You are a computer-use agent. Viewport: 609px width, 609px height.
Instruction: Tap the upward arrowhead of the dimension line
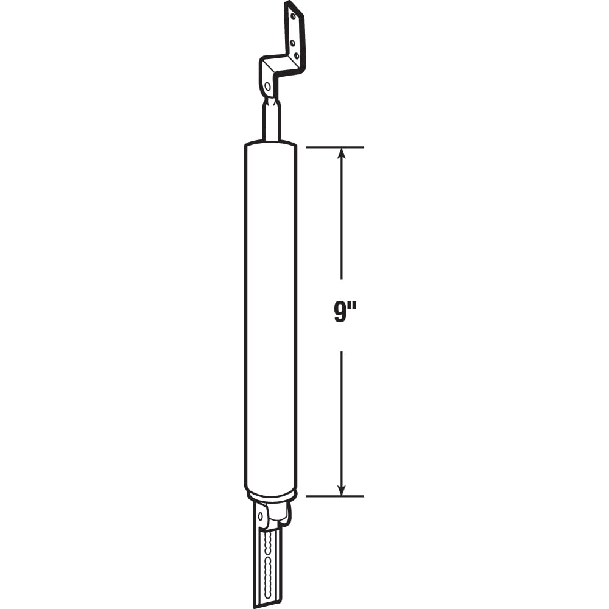click(342, 153)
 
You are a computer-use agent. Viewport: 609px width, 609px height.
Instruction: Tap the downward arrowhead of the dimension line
click(342, 490)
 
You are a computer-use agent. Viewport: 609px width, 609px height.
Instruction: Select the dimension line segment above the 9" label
click(342, 219)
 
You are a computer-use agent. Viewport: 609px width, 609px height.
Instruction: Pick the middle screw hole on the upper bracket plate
click(294, 43)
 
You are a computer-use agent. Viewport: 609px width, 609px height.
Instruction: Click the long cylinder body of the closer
click(270, 317)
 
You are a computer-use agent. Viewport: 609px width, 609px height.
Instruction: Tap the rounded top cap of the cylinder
click(270, 146)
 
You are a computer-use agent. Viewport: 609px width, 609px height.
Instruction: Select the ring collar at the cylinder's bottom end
click(270, 495)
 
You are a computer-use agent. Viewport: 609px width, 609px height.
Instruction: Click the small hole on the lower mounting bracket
click(261, 516)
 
